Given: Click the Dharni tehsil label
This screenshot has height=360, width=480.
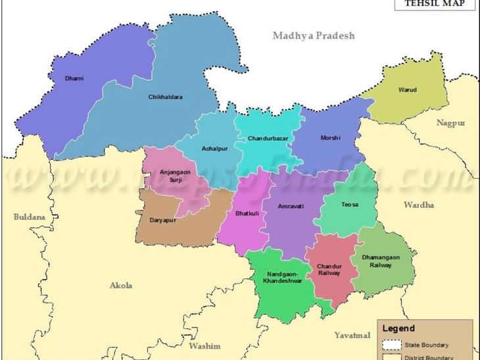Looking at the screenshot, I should click(x=74, y=78).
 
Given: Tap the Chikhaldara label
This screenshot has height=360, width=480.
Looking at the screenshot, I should click(x=165, y=97).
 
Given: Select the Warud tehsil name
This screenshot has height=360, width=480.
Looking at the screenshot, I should click(x=408, y=90).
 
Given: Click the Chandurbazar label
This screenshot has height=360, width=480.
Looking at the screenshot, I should click(x=268, y=139).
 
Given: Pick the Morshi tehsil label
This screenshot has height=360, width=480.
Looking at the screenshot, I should click(x=330, y=138).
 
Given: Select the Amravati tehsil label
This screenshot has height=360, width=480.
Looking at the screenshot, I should click(x=291, y=206).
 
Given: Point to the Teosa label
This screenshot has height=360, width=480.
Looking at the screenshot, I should click(x=350, y=205).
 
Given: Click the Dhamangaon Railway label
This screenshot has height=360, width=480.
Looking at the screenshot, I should click(x=381, y=261).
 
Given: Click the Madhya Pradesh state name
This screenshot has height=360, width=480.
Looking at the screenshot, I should click(x=314, y=36).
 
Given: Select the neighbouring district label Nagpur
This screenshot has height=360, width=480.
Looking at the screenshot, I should click(x=450, y=123).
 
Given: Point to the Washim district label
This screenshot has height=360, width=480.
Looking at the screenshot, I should click(x=204, y=346).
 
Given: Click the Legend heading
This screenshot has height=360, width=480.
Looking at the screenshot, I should click(x=398, y=328).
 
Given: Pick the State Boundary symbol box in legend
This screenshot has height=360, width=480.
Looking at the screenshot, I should click(x=393, y=345).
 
